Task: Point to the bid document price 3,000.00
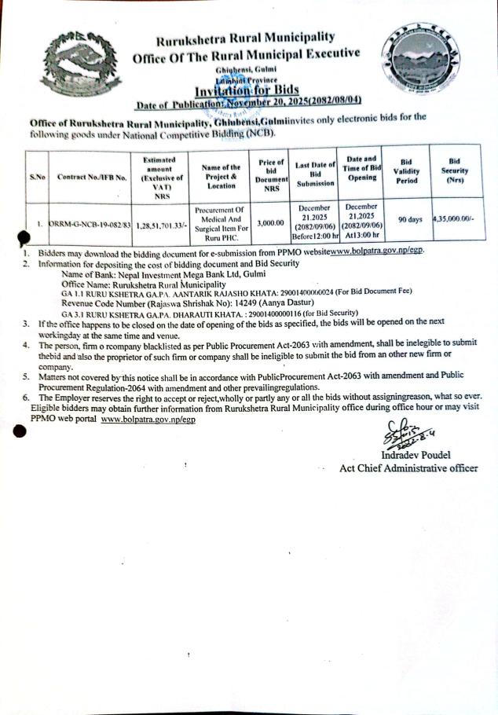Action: pos(269,222)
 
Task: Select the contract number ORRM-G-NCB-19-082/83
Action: pos(91,224)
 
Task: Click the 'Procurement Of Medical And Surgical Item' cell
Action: pos(221,222)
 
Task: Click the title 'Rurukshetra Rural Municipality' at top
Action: pos(246,38)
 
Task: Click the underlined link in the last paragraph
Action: pos(148,420)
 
